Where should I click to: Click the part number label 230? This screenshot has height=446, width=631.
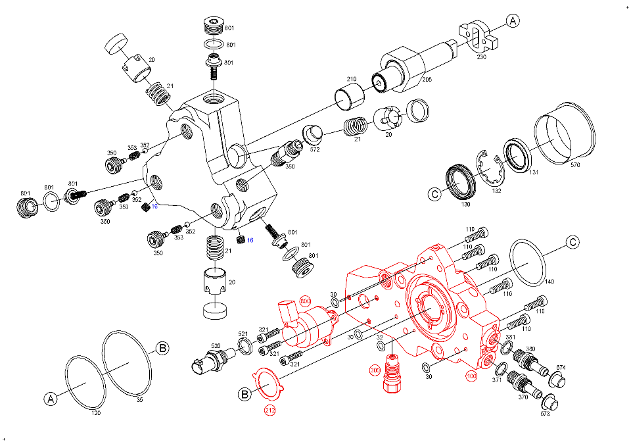point(482,57)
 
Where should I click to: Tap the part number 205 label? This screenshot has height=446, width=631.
point(427,80)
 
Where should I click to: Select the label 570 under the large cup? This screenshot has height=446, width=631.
point(576,164)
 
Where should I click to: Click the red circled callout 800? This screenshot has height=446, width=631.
point(306,301)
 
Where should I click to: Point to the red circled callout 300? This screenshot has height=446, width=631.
point(375,370)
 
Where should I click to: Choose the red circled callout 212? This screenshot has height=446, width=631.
point(270,410)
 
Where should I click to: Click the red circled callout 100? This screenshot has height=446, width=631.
point(471,376)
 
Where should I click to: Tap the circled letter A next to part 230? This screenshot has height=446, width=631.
point(513,20)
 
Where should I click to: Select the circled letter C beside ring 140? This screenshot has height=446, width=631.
point(573,242)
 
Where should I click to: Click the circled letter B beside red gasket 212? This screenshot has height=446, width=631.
point(245,394)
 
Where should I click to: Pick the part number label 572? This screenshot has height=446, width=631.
point(315,149)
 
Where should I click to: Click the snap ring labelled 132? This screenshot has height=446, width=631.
point(489,170)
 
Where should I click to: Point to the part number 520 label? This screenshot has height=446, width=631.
point(216,345)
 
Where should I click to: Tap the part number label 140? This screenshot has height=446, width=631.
point(549,282)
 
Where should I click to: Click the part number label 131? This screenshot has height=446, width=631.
point(534,172)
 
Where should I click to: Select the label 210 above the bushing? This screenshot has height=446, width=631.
point(352,79)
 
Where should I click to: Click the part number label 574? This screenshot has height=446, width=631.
point(561,368)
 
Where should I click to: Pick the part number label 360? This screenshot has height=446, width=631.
point(290,166)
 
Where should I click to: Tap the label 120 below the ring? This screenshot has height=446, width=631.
point(96,413)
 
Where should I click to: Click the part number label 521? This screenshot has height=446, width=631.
point(243,334)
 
